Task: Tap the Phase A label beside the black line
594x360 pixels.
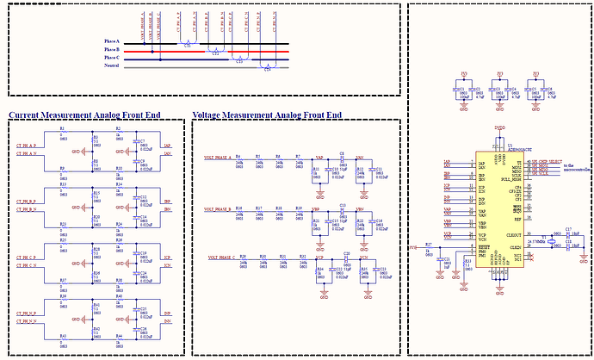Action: [x=112, y=42]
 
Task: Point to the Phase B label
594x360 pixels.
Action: [x=112, y=50]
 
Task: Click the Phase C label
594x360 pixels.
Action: [x=112, y=58]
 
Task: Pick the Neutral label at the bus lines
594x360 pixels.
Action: [x=111, y=66]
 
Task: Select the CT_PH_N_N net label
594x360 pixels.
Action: [x=27, y=321]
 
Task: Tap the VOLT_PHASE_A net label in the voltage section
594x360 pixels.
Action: [x=218, y=158]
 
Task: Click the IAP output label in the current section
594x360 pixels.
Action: [x=166, y=146]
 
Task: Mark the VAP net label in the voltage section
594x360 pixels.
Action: [x=319, y=158]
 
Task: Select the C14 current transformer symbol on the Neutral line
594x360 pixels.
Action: [x=268, y=68]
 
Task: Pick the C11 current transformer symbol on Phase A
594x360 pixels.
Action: [x=189, y=44]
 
